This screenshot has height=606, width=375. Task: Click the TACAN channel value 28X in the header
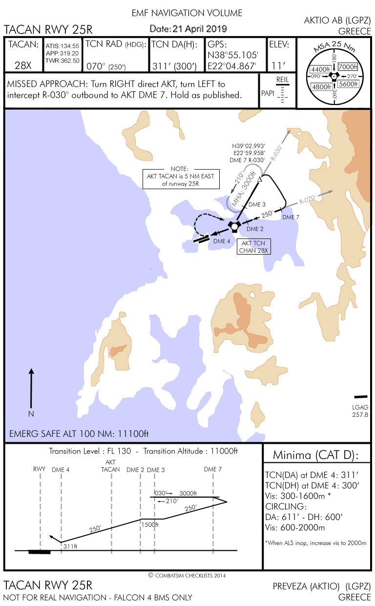[22, 65]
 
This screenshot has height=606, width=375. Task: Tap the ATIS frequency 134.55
[62, 46]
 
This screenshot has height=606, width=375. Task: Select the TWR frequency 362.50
[62, 61]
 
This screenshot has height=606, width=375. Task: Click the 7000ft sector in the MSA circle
[347, 67]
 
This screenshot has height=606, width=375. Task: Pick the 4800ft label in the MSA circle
[321, 87]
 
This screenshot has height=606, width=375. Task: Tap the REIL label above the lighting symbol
[282, 79]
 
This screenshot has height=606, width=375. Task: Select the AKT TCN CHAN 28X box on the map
[253, 246]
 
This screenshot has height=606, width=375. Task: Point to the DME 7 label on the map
[291, 216]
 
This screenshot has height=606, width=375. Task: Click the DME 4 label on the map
[222, 241]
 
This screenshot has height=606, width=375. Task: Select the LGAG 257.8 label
[360, 411]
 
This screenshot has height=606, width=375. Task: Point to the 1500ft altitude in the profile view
[150, 524]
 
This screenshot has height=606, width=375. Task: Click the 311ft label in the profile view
[70, 546]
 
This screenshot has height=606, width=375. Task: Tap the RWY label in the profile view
[39, 469]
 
